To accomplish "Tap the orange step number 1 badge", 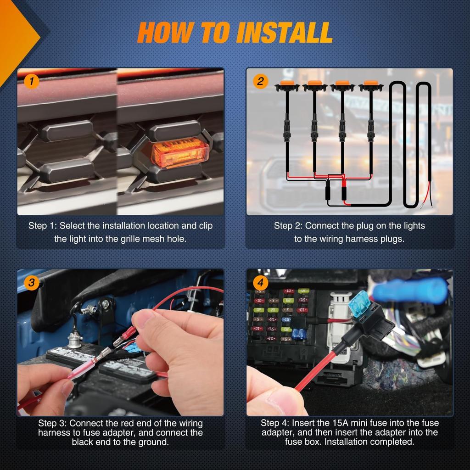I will click(x=31, y=82).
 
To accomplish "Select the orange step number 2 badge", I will click(x=260, y=82).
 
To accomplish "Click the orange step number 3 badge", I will click(x=31, y=283).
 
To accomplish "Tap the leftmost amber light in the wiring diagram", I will click(x=287, y=84).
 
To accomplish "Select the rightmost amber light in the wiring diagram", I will click(x=371, y=84).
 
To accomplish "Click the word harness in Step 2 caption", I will click(x=356, y=239).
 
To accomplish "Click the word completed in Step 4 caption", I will click(x=390, y=442).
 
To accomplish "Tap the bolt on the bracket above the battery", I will click(x=106, y=303).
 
